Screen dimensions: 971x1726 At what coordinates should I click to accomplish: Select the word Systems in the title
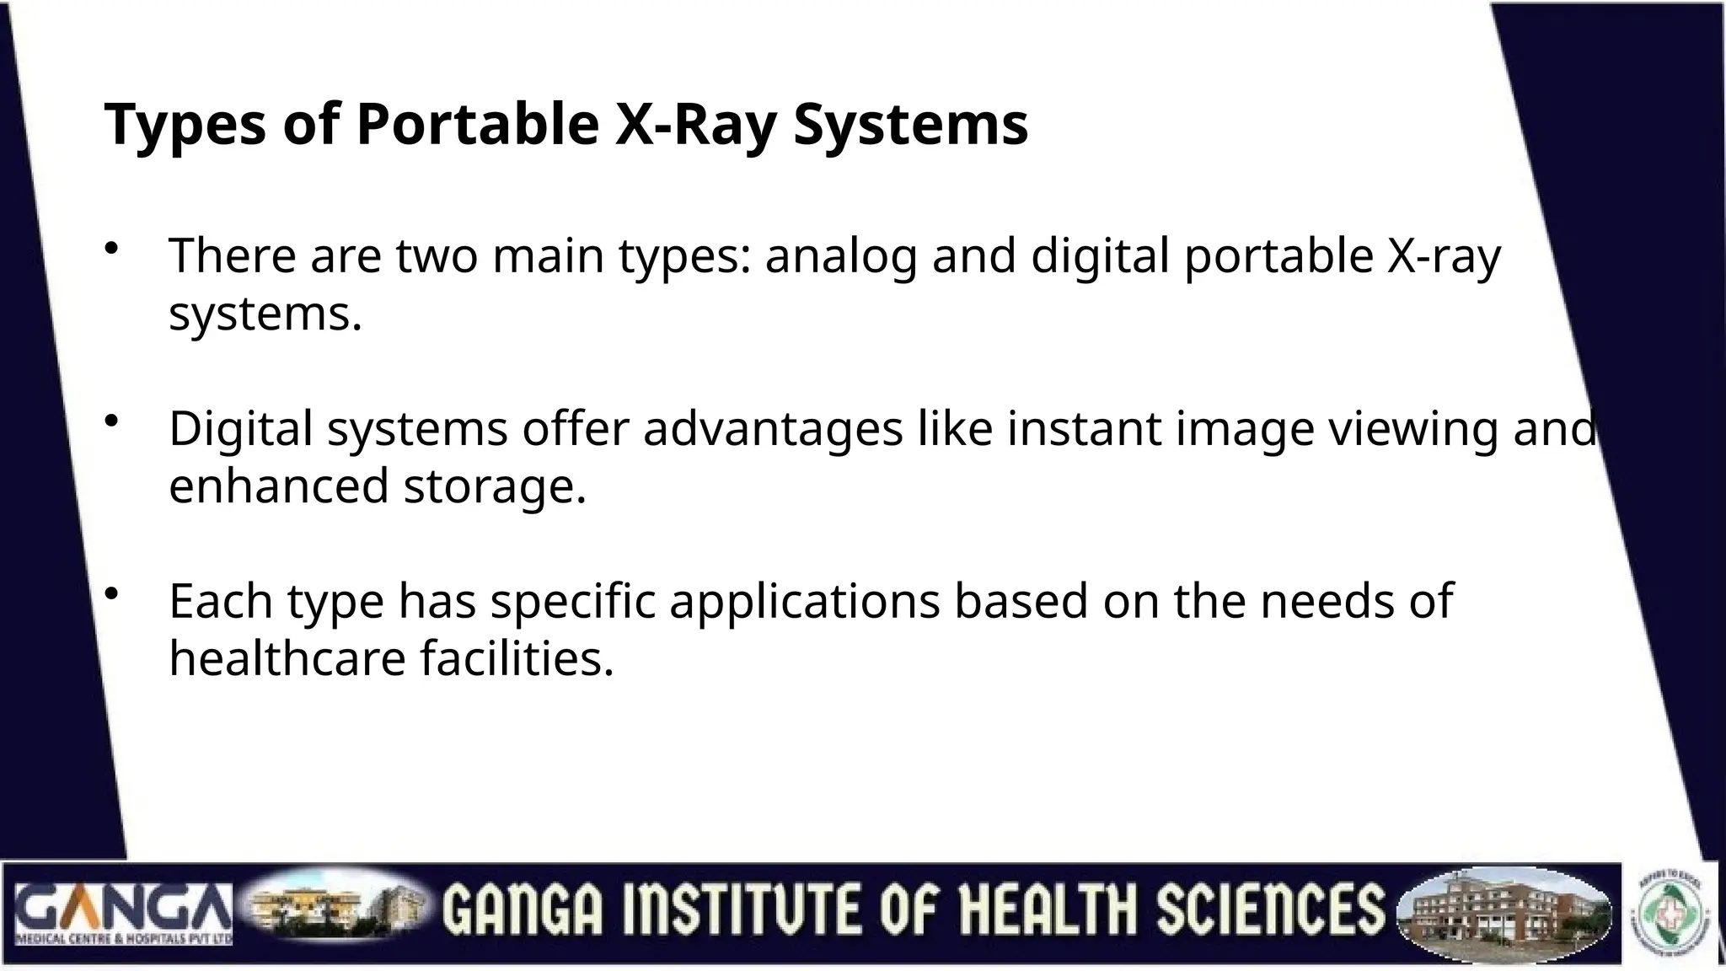911,125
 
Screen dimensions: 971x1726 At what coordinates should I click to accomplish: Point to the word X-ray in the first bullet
1443,256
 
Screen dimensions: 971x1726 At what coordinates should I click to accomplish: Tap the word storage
494,486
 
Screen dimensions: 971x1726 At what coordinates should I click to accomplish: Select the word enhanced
278,486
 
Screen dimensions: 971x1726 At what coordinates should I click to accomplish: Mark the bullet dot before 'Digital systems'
111,421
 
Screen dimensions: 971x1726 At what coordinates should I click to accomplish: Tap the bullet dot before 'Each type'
111,594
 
